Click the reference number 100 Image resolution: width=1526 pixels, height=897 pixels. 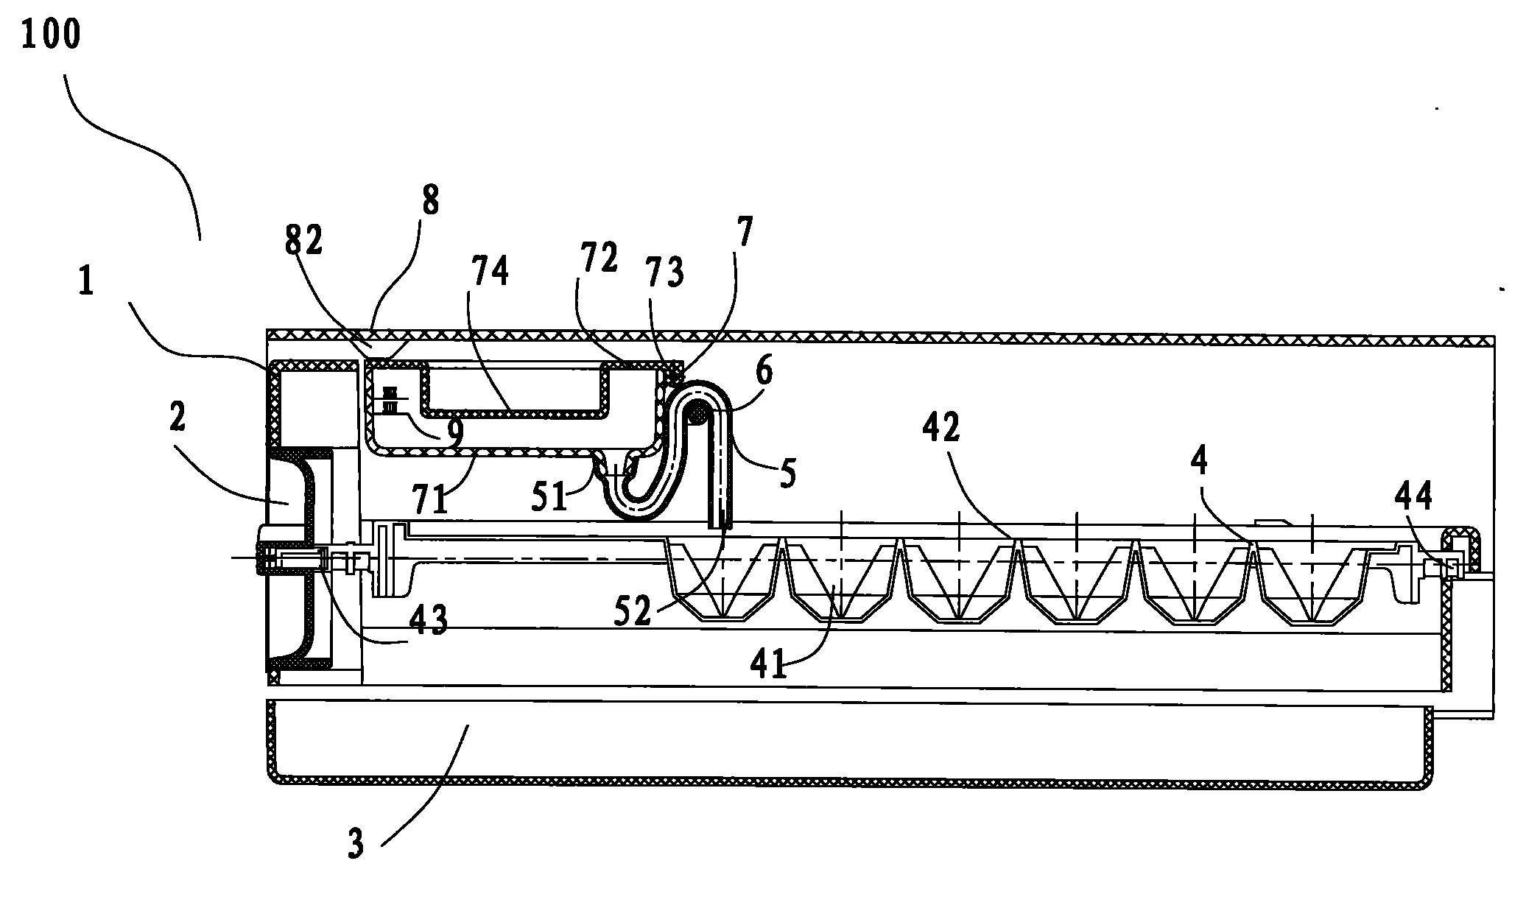(51, 35)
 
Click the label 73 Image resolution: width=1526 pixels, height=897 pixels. (664, 272)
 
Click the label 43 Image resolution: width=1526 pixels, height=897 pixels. (428, 620)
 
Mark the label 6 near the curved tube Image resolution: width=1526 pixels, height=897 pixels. (764, 371)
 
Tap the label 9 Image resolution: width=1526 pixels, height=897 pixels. (455, 434)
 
